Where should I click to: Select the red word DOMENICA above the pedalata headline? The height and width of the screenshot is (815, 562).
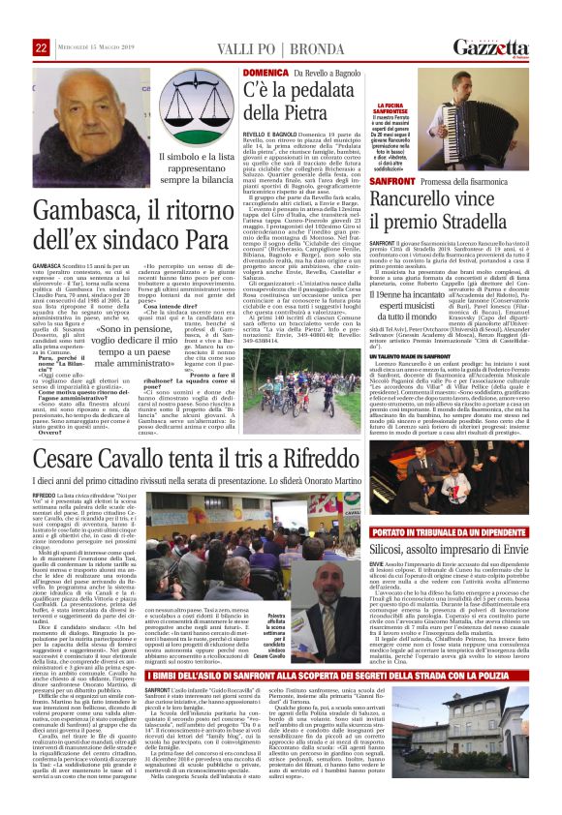pos(264,73)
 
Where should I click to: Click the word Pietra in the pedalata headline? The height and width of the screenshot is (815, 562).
pos(298,117)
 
